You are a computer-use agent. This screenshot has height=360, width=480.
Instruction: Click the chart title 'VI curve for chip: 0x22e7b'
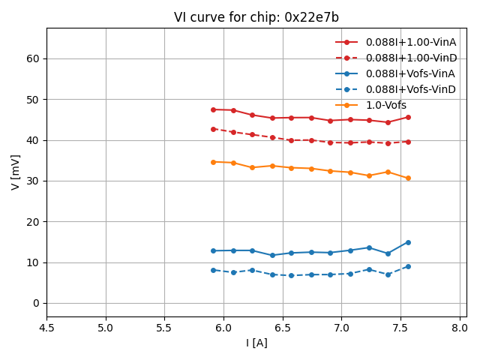[x=256, y=17]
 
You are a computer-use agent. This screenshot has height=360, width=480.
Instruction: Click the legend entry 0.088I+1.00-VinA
[x=410, y=42]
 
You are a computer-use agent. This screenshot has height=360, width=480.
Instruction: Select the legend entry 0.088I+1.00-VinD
[x=410, y=58]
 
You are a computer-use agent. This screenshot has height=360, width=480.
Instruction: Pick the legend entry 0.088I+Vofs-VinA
[x=410, y=73]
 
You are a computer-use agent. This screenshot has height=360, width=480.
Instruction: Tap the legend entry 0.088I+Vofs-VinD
[x=410, y=89]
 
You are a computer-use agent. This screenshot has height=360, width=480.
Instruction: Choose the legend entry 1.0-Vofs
[x=385, y=105]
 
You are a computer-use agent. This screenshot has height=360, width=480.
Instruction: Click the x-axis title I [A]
[x=256, y=343]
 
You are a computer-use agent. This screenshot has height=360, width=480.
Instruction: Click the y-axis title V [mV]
[x=16, y=172]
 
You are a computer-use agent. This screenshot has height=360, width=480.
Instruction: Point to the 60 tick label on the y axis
[x=33, y=58]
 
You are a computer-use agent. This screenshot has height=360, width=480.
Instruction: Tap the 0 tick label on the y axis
[x=36, y=303]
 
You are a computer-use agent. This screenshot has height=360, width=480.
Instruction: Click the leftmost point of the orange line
[x=213, y=162]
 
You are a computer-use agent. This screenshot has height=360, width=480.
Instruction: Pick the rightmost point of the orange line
[x=408, y=178]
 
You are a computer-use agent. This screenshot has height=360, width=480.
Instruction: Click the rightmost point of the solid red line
[x=408, y=117]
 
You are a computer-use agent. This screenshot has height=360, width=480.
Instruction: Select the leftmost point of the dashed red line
[x=213, y=129]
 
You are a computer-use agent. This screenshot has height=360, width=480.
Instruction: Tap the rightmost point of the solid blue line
[x=408, y=242]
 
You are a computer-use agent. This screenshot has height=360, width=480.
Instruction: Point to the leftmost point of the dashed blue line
[x=213, y=270]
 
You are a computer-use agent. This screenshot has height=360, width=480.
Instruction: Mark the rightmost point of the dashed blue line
[x=408, y=266]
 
